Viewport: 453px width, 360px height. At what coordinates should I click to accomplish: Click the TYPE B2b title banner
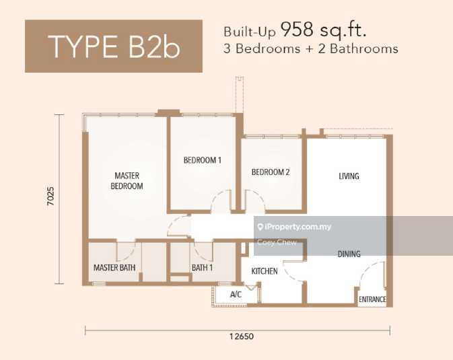[114, 46]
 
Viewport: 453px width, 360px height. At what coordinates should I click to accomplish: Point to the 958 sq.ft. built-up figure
[324, 30]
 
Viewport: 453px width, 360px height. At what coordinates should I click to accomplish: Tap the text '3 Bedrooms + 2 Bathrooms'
[311, 48]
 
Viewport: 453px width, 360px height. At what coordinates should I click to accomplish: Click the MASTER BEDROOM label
[127, 180]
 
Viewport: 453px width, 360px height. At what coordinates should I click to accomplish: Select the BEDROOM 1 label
[203, 160]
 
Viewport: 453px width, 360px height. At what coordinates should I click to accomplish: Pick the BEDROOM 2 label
[271, 172]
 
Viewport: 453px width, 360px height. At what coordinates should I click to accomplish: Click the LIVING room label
[349, 176]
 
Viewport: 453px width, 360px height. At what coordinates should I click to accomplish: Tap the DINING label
[349, 254]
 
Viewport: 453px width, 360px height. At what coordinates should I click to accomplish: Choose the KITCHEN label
[265, 271]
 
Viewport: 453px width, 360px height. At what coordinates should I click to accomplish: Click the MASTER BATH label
[114, 268]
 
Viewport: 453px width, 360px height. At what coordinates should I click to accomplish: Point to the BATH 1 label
[202, 268]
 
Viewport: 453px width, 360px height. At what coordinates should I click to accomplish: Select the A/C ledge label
[236, 295]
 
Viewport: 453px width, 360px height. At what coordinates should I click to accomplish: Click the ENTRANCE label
[372, 299]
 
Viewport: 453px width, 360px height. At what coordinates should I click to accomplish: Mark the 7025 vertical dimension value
[50, 196]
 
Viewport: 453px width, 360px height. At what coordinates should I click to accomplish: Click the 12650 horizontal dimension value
[242, 336]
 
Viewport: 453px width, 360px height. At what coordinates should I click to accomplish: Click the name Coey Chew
[277, 242]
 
